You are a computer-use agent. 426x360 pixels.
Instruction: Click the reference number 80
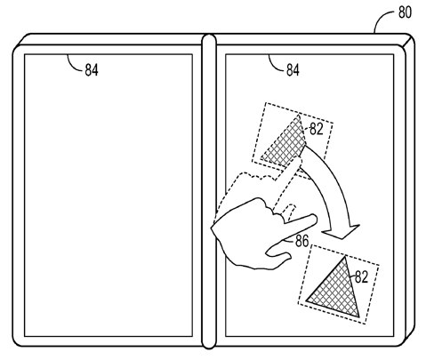coord(405,12)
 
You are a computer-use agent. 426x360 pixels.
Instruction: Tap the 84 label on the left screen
coord(92,70)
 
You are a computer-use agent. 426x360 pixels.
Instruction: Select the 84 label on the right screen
coord(293,70)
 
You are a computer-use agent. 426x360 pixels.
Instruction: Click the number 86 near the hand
coord(302,241)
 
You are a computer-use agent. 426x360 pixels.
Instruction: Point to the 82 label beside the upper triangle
coord(317,129)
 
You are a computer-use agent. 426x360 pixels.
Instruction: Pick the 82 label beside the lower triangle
coord(361,277)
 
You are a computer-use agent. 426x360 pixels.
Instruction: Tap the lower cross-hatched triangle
coord(336,292)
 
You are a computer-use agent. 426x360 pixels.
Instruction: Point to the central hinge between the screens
coord(209,191)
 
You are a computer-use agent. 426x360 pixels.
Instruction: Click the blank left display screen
coord(109,195)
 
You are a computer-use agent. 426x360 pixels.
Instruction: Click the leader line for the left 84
coord(73,64)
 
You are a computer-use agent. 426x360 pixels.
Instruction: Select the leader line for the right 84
coord(275,64)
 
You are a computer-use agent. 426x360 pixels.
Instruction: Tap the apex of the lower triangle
coord(344,257)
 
